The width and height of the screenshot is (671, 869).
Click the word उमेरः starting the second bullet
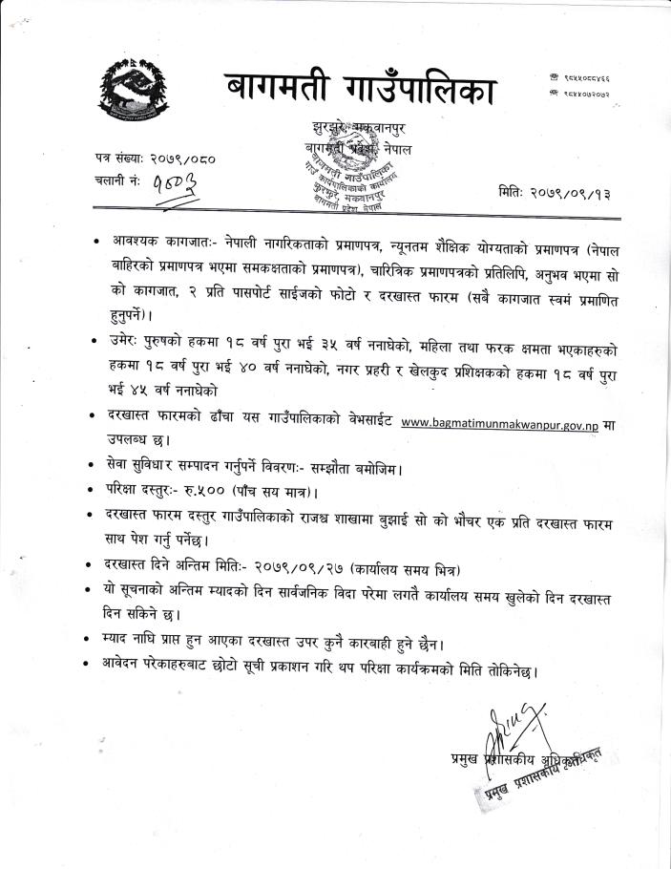tap(132, 340)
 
